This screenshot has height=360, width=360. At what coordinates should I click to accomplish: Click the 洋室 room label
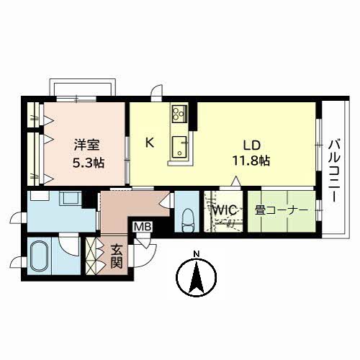point(86,145)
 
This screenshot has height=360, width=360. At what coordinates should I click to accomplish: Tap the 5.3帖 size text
point(89,163)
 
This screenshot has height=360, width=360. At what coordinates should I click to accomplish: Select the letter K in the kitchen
point(150,143)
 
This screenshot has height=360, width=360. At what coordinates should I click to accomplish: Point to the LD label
point(252,145)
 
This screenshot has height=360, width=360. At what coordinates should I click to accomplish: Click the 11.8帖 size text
point(251,161)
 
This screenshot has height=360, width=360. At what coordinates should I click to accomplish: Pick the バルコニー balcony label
point(335,171)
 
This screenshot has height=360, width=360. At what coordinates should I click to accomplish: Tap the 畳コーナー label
point(282,210)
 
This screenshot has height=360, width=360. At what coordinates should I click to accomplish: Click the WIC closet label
point(225,210)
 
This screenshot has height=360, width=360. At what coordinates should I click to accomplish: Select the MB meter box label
point(143,226)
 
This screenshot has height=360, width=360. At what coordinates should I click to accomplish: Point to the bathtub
point(39,256)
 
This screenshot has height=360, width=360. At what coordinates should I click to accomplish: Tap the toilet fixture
point(187,220)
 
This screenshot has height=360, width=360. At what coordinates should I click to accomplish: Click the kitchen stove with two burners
point(179,114)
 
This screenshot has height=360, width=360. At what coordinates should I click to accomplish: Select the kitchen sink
point(179,147)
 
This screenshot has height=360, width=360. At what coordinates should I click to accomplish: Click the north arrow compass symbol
point(197,277)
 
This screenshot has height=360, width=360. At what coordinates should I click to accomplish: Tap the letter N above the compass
point(197,254)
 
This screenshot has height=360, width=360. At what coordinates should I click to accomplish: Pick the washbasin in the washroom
point(71,198)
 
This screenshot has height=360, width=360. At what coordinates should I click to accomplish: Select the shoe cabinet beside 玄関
point(92,256)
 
